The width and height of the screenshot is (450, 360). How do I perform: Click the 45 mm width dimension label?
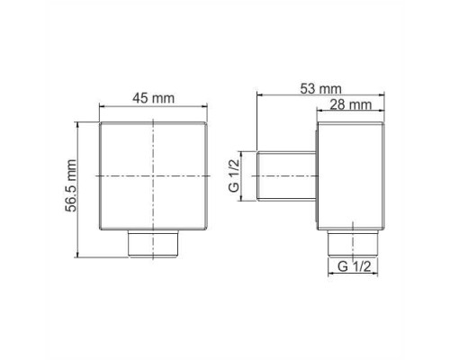click(x=153, y=98)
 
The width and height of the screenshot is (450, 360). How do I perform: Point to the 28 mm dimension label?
click(x=351, y=105)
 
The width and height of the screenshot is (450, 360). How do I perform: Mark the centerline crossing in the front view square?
click(x=155, y=176)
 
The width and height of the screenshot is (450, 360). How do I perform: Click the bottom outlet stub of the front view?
click(x=155, y=244)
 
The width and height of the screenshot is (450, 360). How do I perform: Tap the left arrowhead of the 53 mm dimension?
click(x=260, y=94)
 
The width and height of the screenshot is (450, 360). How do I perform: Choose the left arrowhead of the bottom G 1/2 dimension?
click(x=330, y=275)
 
